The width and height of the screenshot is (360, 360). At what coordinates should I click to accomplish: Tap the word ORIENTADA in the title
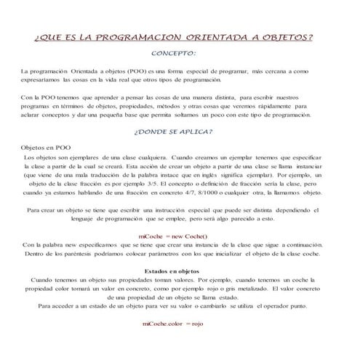(217, 36)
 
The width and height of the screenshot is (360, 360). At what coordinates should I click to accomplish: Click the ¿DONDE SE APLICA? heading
(173, 132)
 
